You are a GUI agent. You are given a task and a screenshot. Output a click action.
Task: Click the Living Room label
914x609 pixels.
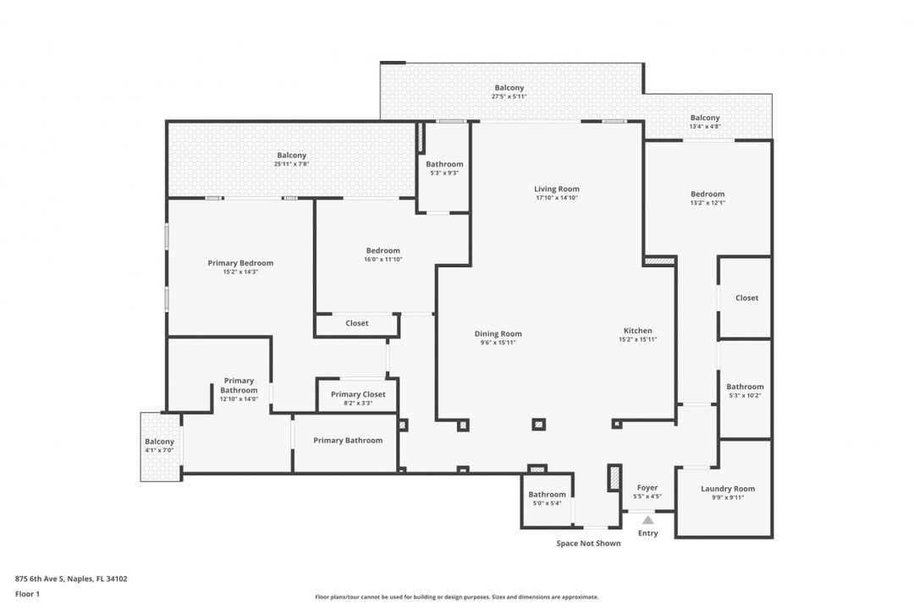click(557, 189)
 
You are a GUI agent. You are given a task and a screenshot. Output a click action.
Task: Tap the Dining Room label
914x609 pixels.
click(498, 334)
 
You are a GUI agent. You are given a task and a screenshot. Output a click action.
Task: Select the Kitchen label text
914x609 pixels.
click(638, 331)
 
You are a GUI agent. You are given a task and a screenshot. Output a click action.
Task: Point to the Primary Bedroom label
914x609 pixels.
click(240, 263)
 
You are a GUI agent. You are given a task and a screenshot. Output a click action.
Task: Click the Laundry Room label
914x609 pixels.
click(728, 489)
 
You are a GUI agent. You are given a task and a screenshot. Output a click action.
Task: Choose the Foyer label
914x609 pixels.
click(647, 488)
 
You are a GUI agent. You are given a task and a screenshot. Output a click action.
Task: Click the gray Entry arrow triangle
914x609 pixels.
click(647, 520)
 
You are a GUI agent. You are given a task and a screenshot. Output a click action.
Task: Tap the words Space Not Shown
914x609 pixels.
click(588, 544)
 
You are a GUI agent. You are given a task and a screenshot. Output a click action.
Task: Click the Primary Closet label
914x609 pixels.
click(358, 394)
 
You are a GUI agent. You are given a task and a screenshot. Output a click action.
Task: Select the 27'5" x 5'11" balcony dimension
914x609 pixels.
click(509, 96)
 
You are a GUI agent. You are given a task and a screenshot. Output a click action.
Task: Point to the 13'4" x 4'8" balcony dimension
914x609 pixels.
click(705, 127)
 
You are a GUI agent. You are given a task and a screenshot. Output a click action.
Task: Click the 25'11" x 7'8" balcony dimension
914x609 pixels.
click(291, 164)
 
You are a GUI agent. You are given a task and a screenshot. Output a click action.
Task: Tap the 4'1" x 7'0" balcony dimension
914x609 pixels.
click(159, 451)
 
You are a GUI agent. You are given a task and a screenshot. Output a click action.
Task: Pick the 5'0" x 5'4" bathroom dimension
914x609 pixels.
click(547, 503)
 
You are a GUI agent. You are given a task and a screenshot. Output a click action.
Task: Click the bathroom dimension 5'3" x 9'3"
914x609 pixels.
click(444, 173)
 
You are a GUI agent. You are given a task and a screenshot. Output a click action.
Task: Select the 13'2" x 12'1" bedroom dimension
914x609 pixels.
click(708, 203)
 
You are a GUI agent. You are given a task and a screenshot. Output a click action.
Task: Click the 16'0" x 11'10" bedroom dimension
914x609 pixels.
click(383, 260)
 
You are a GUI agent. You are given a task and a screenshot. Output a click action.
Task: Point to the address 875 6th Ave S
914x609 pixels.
click(39, 579)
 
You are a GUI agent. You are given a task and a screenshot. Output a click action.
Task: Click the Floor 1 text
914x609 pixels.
click(27, 595)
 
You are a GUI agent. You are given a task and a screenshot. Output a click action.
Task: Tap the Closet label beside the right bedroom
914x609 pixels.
click(746, 298)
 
